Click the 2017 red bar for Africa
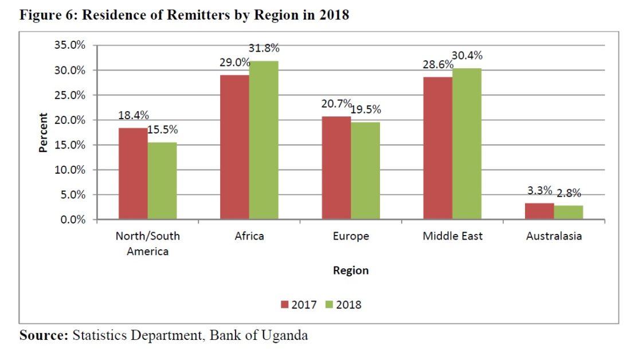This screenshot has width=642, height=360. click(x=234, y=147)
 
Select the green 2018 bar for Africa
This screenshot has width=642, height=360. click(x=264, y=140)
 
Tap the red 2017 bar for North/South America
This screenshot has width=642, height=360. click(x=133, y=174)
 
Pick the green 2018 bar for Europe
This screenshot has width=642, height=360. click(x=365, y=171)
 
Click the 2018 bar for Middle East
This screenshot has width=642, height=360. click(x=467, y=144)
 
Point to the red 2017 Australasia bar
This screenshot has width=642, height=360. click(x=539, y=211)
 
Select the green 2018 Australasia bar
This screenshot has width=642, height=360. click(x=569, y=212)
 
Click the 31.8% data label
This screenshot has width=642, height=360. click(x=264, y=48)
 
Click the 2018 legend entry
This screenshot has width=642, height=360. click(x=344, y=305)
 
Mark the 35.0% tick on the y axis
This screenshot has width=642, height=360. click(x=70, y=45)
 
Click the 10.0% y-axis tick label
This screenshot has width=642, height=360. click(x=70, y=170)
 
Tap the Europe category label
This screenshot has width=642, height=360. click(x=351, y=236)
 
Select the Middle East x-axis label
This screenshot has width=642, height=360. click(x=453, y=236)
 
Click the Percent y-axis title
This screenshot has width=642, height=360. click(x=44, y=132)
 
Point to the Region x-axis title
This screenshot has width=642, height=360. click(x=351, y=271)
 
